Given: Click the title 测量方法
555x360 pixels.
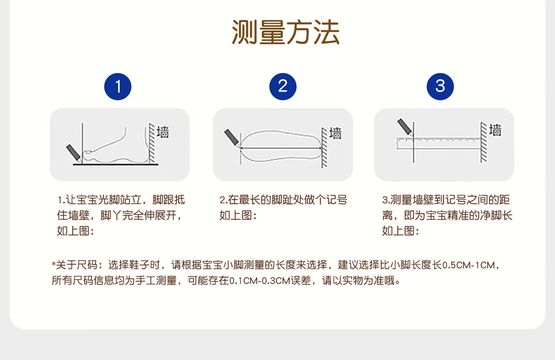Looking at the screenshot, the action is tap(285, 32).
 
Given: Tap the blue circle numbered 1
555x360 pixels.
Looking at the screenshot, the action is tap(118, 86).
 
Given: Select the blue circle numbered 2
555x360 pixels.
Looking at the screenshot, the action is tap(283, 86).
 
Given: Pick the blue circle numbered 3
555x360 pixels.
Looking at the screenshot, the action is tap(440, 86).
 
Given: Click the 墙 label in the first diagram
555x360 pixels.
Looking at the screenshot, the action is tap(163, 132).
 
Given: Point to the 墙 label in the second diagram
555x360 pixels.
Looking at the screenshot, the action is tap(335, 133).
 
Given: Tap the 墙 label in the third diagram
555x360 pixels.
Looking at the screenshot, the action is tap(495, 130).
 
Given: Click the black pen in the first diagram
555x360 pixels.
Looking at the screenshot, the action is tap(74, 153).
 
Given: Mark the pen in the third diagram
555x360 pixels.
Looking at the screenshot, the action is tap(405, 127).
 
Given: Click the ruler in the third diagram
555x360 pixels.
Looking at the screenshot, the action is tap(439, 144).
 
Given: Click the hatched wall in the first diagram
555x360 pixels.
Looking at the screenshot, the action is tap(152, 143).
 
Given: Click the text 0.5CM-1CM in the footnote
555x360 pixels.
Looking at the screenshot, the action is tap(469, 265).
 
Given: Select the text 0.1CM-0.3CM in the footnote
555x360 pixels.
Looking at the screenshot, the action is tap(260, 281).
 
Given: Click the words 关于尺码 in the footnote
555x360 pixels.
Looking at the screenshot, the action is tap(77, 265).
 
